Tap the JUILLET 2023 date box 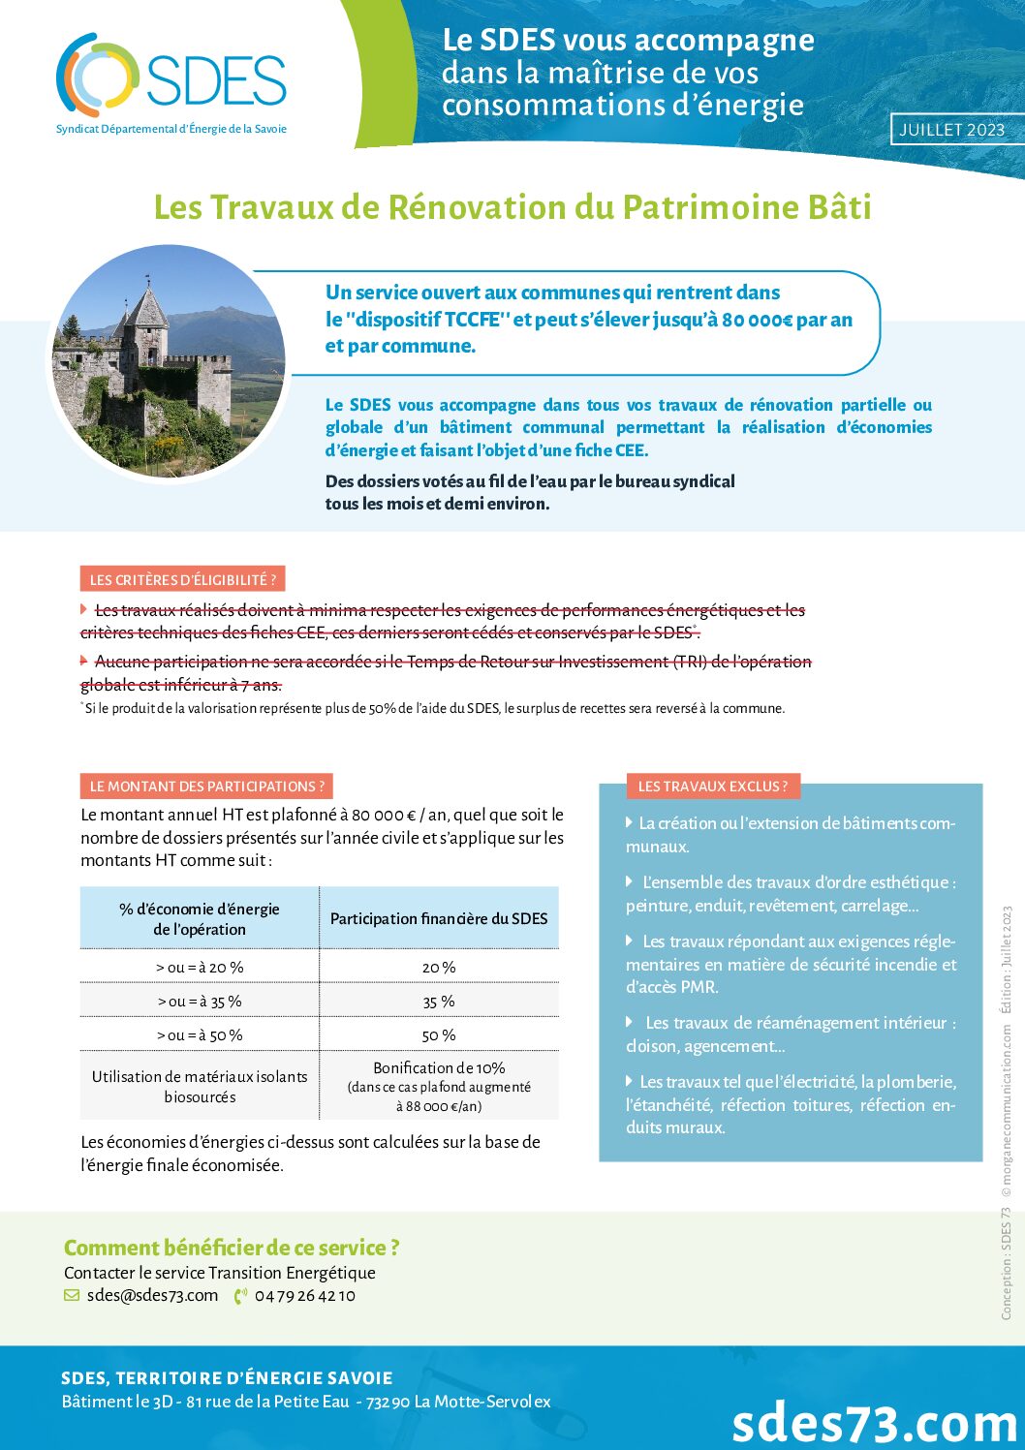(x=953, y=130)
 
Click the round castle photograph (x=169, y=359)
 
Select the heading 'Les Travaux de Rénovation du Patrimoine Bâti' (x=512, y=207)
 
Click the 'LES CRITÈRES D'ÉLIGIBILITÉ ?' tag (x=182, y=579)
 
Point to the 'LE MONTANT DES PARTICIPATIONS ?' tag (x=206, y=786)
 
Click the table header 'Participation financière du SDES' (x=439, y=918)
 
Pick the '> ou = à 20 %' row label (x=200, y=967)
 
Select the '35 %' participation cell (x=439, y=1001)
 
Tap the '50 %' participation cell (x=439, y=1034)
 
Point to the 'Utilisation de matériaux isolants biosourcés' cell (x=200, y=1086)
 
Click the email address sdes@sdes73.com (x=152, y=1295)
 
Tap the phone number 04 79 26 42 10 (x=304, y=1295)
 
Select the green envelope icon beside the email (x=72, y=1295)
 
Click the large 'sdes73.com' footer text (x=874, y=1422)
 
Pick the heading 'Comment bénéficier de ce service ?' (x=232, y=1248)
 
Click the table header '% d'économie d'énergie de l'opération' (x=200, y=918)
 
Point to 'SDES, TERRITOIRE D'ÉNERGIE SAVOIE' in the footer (x=227, y=1377)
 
